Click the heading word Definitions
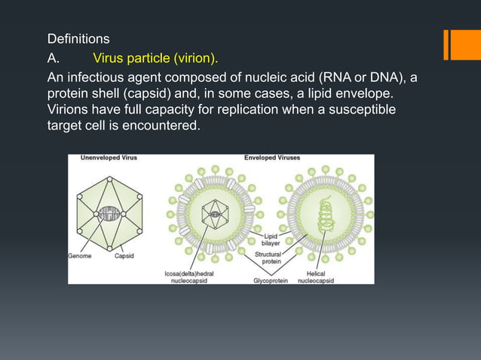tap(78, 38)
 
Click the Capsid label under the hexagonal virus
tap(124, 256)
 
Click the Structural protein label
tap(268, 258)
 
